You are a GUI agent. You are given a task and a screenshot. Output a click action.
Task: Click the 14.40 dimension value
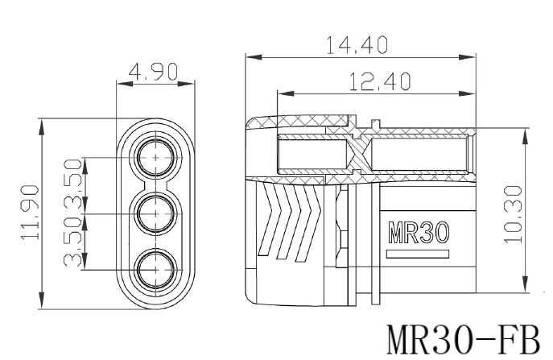357,45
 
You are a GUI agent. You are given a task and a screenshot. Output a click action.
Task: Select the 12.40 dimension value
380,81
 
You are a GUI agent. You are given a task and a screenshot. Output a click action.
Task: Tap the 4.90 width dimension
153,72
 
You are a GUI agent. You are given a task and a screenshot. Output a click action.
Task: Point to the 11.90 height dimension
30,213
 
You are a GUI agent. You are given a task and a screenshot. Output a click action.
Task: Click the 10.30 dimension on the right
513,214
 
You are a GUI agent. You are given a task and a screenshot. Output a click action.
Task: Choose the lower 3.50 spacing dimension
73,242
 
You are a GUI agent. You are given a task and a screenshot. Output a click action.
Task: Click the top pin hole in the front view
156,157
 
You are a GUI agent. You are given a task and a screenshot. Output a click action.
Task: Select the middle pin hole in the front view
156,213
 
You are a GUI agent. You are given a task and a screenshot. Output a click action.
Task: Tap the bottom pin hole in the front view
156,270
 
